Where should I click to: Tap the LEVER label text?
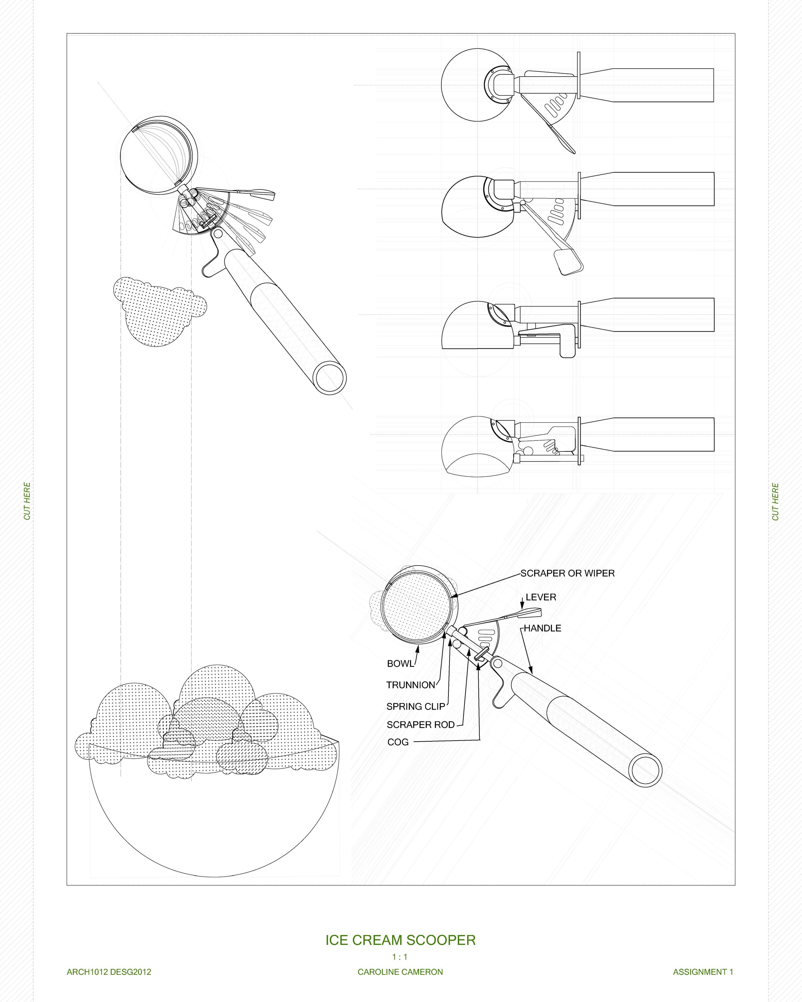(x=541, y=597)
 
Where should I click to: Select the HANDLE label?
(x=542, y=628)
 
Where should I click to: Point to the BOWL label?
(x=400, y=664)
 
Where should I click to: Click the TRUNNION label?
(x=411, y=685)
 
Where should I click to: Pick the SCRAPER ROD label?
(x=420, y=725)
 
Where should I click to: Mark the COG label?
(x=398, y=742)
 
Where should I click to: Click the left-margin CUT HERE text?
(x=27, y=501)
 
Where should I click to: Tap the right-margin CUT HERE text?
(x=775, y=502)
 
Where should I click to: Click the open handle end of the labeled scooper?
(x=645, y=771)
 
